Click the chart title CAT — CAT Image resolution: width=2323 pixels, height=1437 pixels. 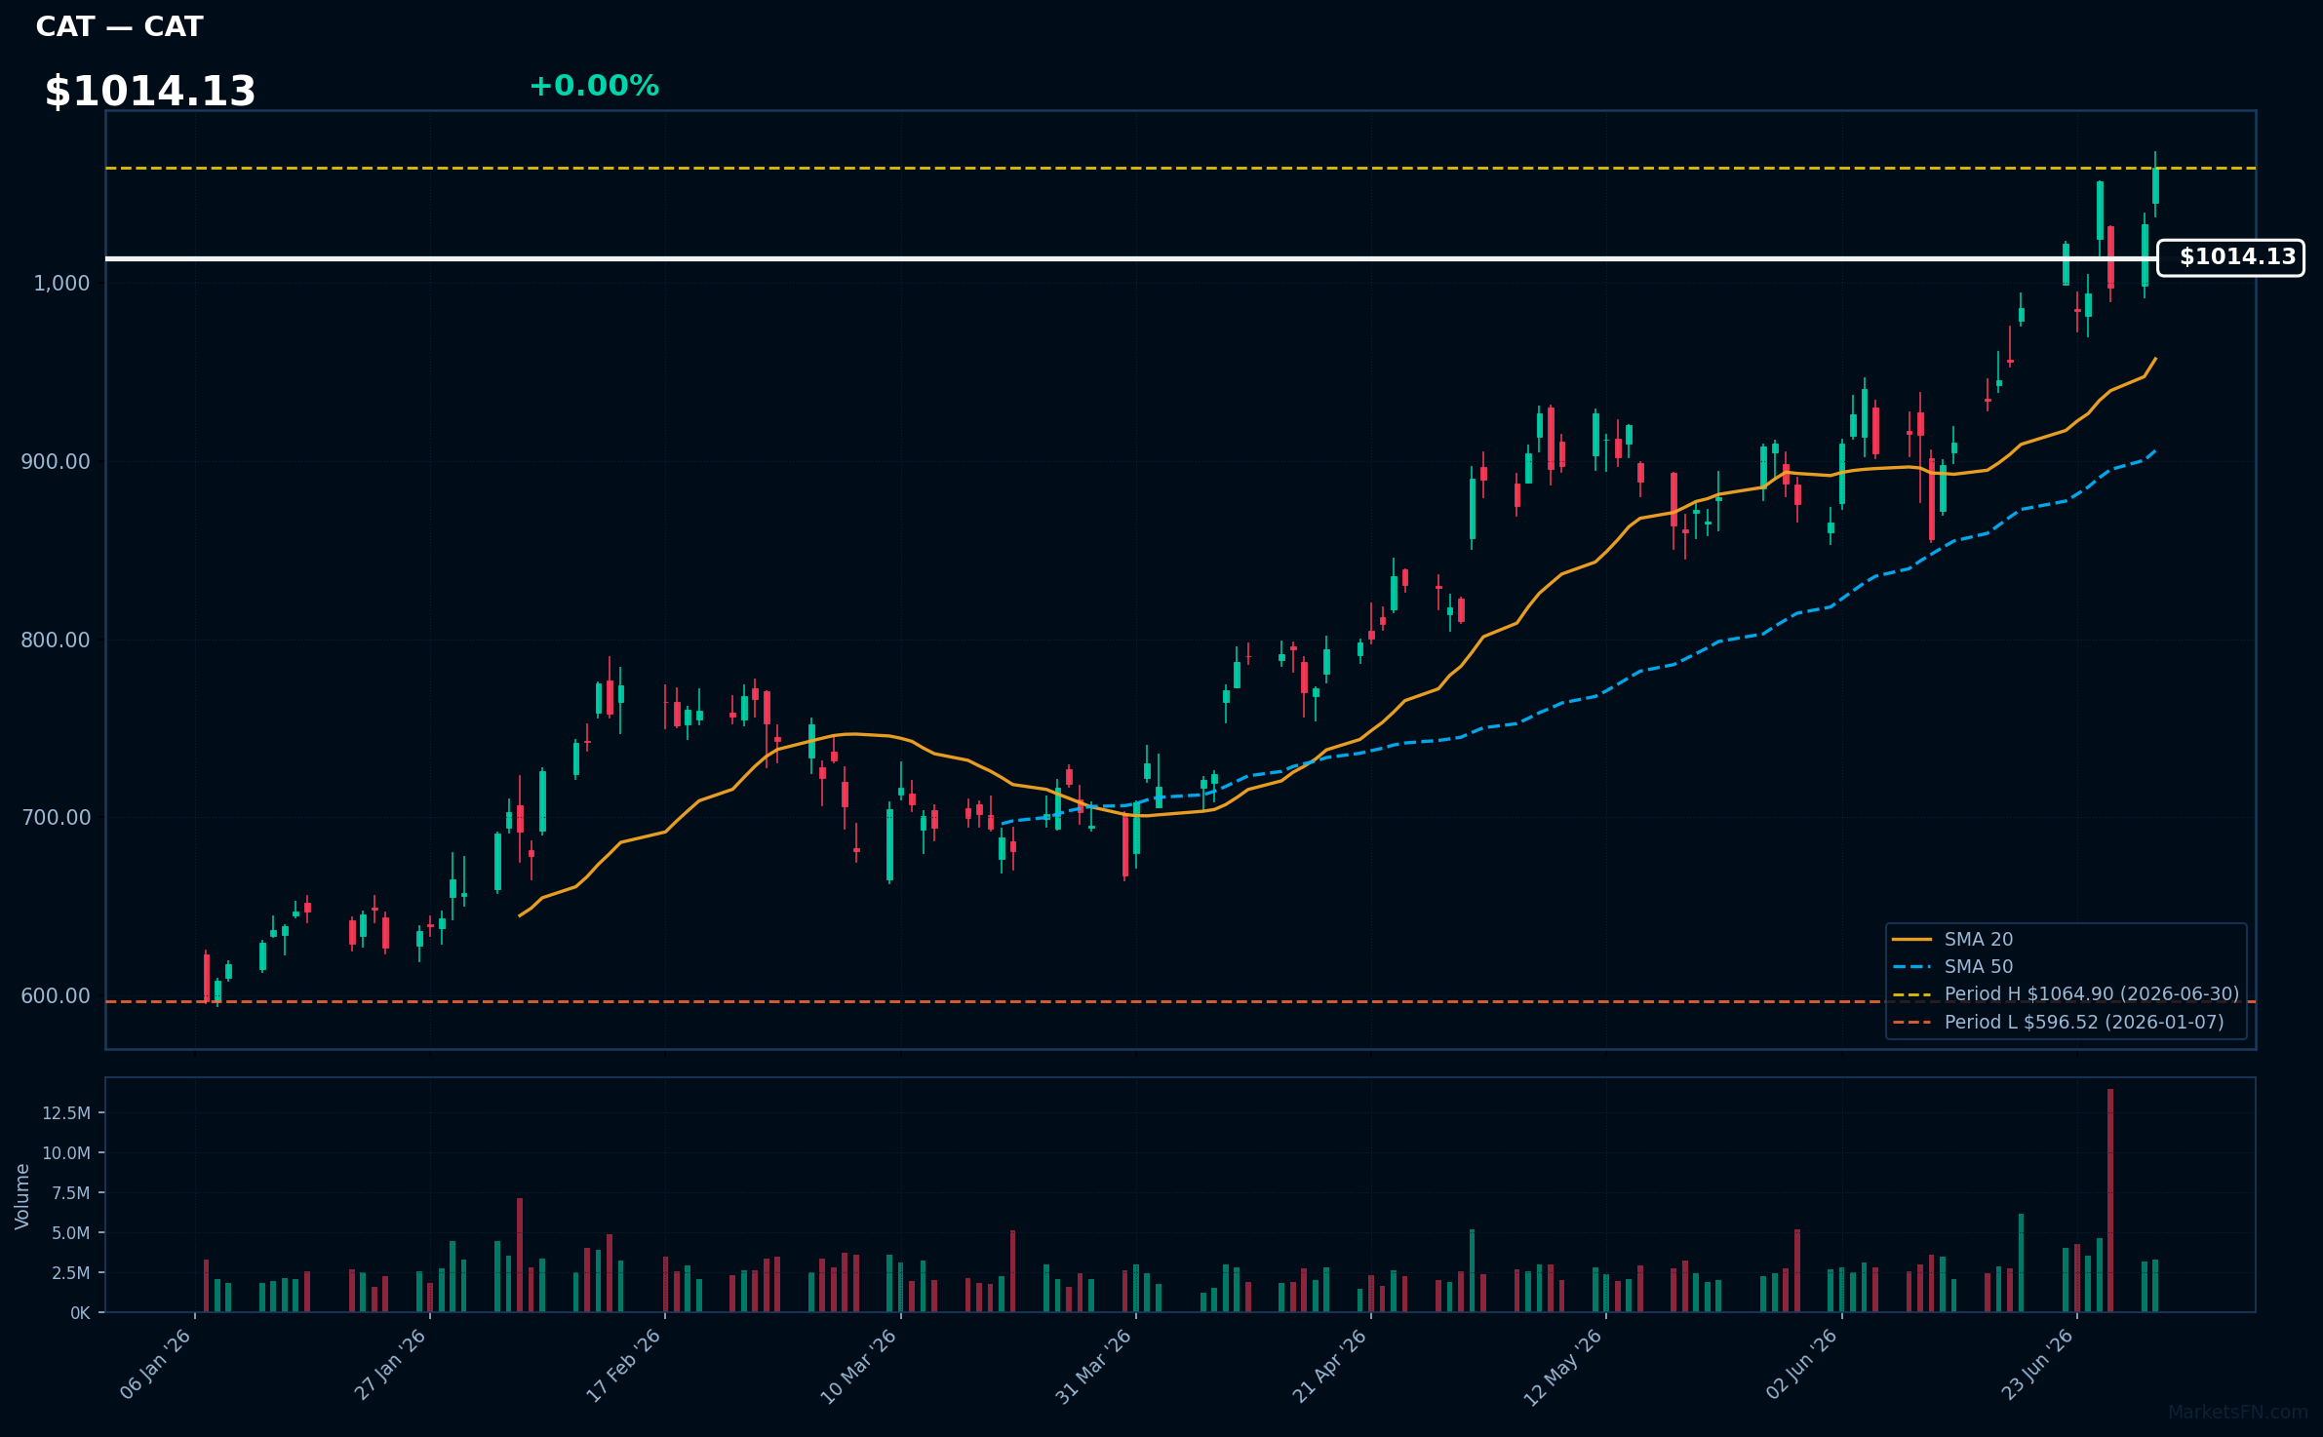119,27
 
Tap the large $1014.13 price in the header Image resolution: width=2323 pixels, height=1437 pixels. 150,92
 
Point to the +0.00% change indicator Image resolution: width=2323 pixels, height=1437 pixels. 594,86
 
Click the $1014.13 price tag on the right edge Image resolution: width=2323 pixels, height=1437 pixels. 2230,257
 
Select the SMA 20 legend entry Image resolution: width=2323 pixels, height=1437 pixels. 1952,939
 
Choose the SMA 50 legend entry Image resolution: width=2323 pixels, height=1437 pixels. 1952,966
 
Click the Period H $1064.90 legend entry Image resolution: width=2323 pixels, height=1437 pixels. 2066,993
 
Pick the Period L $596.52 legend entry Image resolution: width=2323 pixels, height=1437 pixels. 2058,1022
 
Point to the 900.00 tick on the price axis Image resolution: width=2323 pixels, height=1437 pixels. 56,461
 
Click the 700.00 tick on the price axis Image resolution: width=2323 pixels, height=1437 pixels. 56,817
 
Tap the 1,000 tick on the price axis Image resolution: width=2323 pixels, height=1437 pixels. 61,283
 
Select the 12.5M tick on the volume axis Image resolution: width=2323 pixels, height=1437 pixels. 66,1112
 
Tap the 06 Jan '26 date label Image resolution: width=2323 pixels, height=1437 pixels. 156,1365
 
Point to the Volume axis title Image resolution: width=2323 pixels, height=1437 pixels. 22,1195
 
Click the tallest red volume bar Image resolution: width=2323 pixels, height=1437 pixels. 2110,1200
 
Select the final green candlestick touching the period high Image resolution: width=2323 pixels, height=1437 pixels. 2155,185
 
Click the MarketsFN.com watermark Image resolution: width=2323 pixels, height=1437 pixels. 2238,1413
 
